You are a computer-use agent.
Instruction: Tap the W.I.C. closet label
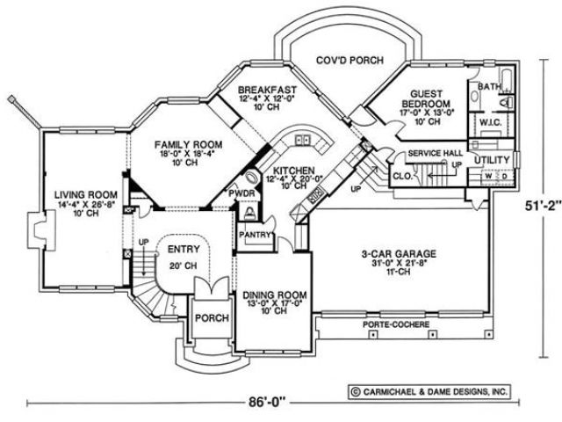coord(489,124)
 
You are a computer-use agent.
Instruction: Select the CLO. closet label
coord(403,176)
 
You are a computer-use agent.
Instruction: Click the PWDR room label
coord(242,192)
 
